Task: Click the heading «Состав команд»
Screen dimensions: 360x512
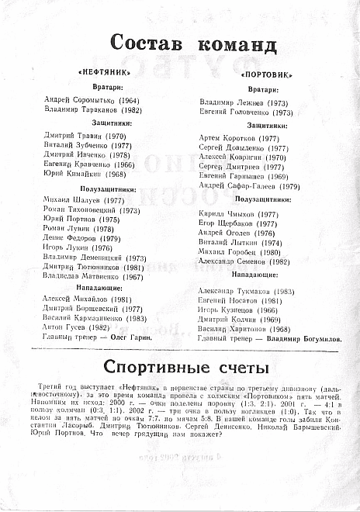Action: [182, 43]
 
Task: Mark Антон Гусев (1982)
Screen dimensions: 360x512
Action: [78, 327]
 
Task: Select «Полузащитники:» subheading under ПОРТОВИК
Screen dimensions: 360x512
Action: [263, 199]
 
